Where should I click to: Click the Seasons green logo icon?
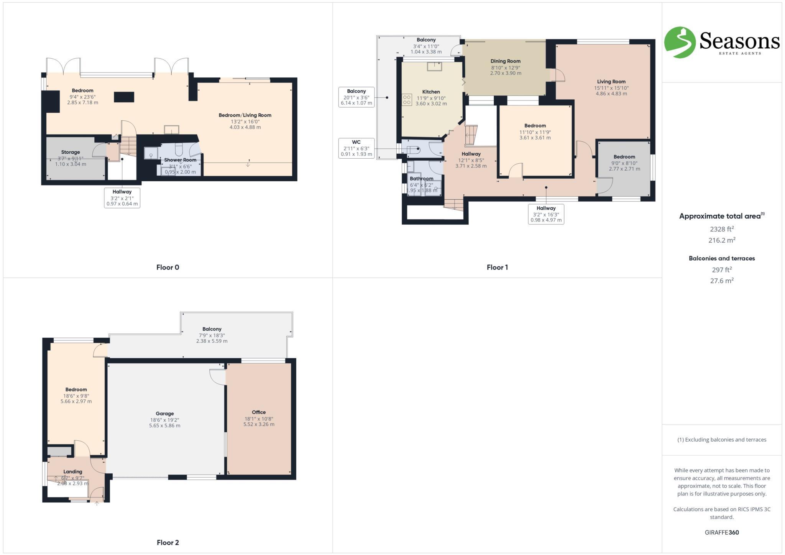pos(680,42)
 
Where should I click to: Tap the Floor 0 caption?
pos(168,268)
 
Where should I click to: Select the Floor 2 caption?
pos(168,542)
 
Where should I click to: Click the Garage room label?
pos(164,414)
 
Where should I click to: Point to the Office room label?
pos(259,412)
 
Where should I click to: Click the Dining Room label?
pos(505,61)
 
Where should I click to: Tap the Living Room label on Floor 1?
pos(611,82)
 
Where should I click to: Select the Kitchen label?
pos(431,92)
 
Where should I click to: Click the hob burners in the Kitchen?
pos(407,100)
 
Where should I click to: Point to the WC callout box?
pos(356,148)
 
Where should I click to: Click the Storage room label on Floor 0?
pos(71,152)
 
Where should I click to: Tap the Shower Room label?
pos(180,160)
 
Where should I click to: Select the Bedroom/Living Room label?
pos(245,115)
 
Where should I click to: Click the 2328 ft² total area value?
pos(721,229)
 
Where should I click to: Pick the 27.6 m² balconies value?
pos(721,281)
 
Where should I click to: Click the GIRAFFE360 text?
pos(721,532)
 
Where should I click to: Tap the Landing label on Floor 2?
pos(73,472)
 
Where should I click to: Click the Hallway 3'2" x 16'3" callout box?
pos(546,214)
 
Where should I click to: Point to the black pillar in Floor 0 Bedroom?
pos(124,97)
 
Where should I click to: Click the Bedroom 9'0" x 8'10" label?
pos(624,157)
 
